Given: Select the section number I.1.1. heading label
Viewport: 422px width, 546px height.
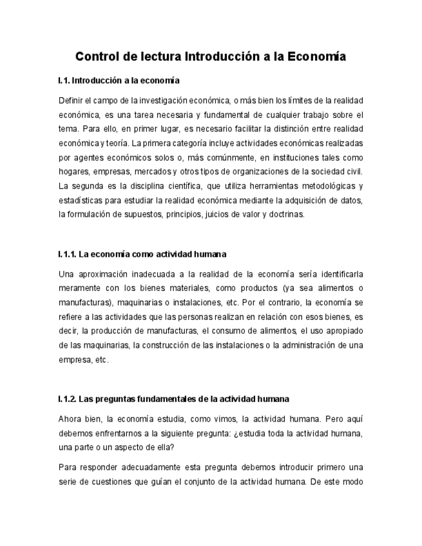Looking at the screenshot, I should (x=67, y=254).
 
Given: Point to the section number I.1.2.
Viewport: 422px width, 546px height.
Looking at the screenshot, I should (x=67, y=399).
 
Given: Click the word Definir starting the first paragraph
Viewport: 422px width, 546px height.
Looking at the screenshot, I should (x=70, y=101).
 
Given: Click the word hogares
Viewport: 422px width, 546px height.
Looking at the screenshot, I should (x=73, y=172).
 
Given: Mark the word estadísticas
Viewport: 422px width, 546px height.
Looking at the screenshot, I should (x=81, y=200).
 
